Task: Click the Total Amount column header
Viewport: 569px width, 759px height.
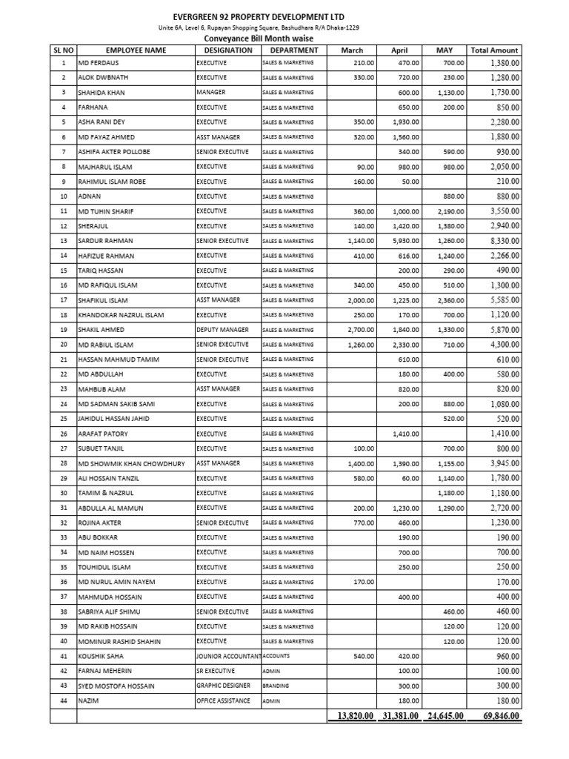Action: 495,50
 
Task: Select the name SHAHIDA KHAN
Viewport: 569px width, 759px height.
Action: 104,93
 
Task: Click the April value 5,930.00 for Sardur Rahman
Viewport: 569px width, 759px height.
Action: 405,241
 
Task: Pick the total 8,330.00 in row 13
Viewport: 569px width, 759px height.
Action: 505,241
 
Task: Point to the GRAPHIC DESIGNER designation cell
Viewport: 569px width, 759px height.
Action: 224,686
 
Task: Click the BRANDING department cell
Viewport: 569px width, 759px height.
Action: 276,686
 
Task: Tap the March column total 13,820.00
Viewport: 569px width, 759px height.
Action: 352,716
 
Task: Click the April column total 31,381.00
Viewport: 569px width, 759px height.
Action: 400,716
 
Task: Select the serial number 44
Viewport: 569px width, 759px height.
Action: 63,700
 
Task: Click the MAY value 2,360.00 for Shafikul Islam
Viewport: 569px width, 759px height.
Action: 450,300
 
